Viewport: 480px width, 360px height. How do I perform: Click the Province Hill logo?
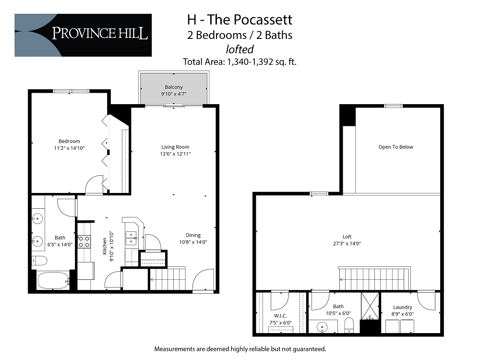point(83,35)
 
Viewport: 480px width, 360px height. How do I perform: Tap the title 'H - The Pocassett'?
point(239,20)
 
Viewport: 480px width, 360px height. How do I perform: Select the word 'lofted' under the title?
point(239,48)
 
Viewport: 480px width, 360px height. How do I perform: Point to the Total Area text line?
point(240,61)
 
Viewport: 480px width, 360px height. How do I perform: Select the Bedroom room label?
point(69,141)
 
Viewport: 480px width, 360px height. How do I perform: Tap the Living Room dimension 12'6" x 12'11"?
point(175,154)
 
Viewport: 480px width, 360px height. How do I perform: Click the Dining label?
point(193,235)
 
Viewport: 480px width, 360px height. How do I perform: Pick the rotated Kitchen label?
point(105,245)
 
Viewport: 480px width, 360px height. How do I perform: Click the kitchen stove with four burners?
point(84,241)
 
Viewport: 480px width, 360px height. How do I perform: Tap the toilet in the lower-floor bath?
point(39,261)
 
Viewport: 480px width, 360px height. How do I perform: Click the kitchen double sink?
point(131,239)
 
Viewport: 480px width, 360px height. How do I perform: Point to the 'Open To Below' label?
point(396,147)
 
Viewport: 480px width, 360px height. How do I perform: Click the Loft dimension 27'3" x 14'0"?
point(348,243)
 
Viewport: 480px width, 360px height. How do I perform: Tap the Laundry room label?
point(402,307)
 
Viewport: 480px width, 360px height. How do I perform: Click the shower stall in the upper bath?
point(370,306)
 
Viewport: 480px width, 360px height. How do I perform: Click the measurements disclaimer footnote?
point(240,348)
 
